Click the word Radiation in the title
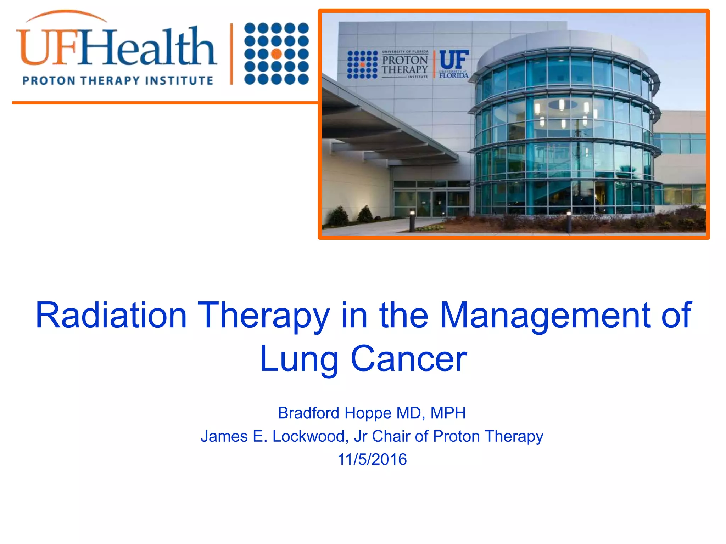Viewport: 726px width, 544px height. coord(111,315)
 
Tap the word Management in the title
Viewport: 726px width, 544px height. coord(546,315)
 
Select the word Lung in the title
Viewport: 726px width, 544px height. coord(299,359)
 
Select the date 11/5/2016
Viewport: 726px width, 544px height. coord(372,459)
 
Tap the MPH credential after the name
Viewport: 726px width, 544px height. coord(448,413)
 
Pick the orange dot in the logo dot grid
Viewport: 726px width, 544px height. coord(277,54)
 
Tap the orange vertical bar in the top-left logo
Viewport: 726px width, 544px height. coord(231,54)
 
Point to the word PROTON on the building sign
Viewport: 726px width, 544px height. coord(405,60)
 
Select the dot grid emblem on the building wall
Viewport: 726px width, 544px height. coord(362,64)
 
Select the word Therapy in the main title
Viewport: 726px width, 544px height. coord(263,315)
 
